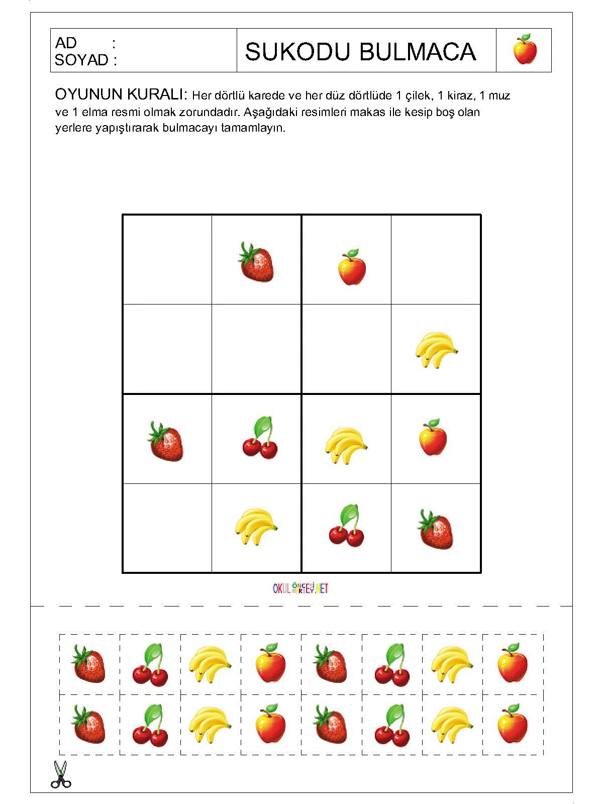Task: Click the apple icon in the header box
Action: [525, 50]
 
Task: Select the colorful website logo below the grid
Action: [300, 587]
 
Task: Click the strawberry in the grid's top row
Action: [256, 262]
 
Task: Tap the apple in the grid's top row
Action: [351, 267]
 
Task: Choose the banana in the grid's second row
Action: [436, 350]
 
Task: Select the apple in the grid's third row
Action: [433, 438]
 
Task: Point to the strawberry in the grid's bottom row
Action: [435, 530]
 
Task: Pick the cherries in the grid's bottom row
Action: [347, 526]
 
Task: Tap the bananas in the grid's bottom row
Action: [256, 527]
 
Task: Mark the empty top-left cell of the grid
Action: [167, 259]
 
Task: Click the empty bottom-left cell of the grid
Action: [167, 528]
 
